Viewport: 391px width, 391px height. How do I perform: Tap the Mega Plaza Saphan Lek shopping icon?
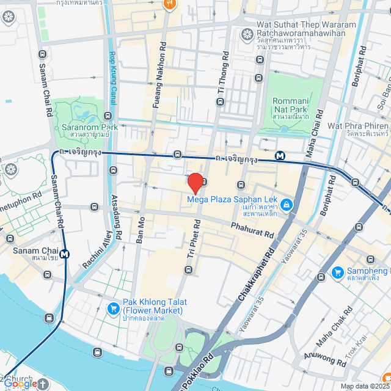[x=287, y=205]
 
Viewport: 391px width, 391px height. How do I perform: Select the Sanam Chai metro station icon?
[x=64, y=254]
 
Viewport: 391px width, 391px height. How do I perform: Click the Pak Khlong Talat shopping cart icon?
[x=112, y=309]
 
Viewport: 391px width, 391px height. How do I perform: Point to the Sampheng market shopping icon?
[x=337, y=272]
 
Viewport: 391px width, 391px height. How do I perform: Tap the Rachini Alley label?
[x=96, y=254]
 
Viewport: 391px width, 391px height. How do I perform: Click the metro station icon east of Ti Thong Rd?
[x=280, y=156]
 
